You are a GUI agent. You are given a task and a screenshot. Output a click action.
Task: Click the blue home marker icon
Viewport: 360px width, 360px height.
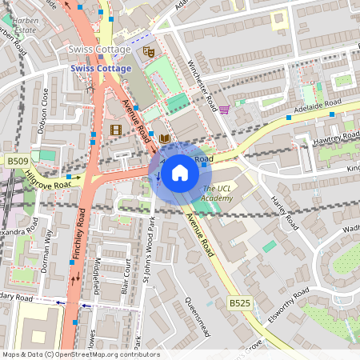click(180, 172)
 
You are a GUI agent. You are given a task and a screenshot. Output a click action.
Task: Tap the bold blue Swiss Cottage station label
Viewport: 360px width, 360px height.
click(100, 69)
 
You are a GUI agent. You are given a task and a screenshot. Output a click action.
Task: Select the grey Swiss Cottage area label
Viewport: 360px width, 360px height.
click(99, 50)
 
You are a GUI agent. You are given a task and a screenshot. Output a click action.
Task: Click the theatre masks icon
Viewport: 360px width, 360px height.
click(147, 51)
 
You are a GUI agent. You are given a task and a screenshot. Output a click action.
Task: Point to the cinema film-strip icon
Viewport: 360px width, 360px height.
click(116, 130)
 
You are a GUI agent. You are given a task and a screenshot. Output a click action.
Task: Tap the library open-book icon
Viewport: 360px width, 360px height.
click(164, 139)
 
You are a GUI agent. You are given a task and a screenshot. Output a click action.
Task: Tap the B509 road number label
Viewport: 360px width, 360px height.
click(18, 162)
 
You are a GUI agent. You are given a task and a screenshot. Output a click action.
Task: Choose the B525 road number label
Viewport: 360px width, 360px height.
click(239, 303)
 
